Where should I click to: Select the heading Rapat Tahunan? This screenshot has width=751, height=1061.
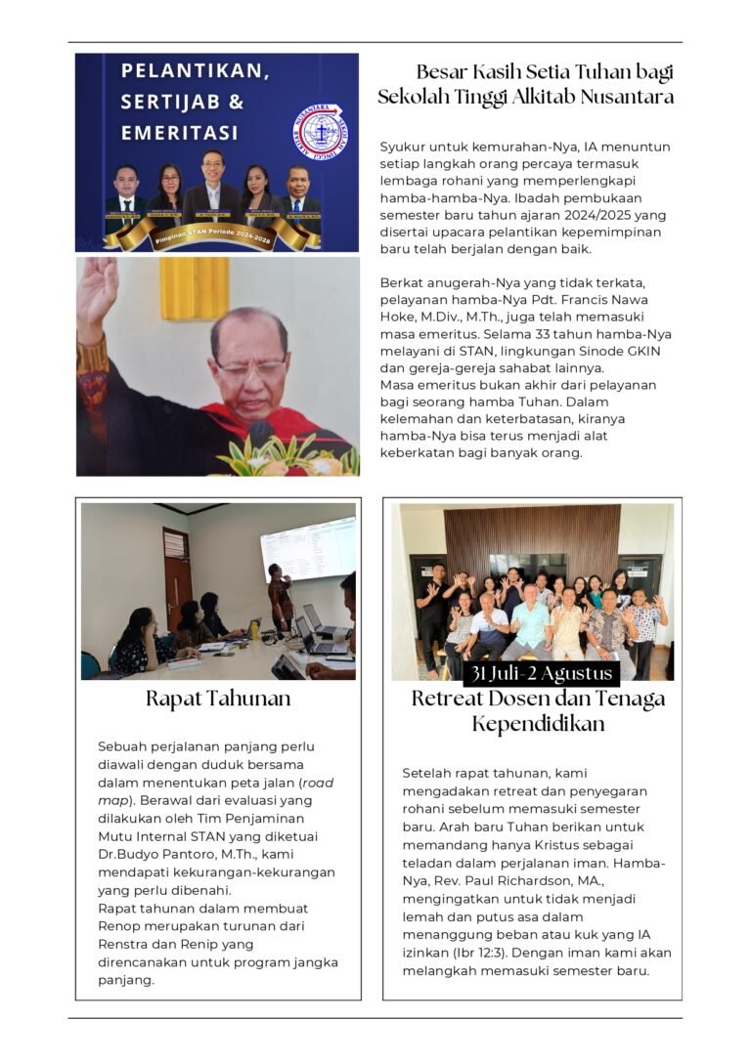coord(218,700)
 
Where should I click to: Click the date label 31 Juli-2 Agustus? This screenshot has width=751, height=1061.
coord(541,674)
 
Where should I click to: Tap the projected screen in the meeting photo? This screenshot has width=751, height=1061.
coord(308,549)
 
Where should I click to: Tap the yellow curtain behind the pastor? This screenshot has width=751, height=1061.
coord(194,288)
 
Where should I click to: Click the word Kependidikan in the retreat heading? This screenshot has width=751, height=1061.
coord(540,724)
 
